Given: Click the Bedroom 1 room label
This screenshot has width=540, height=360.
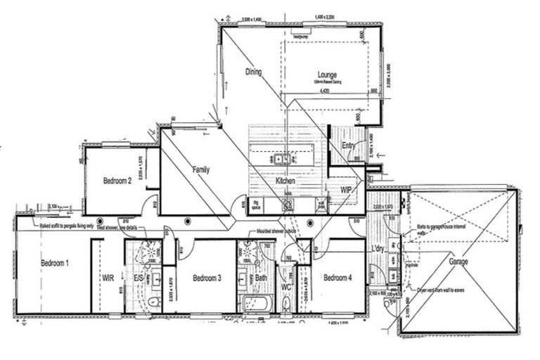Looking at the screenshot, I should click(x=55, y=263).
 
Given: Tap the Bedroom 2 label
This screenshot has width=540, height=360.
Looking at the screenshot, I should click(x=117, y=181).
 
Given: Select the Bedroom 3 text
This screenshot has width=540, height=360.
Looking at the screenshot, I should click(x=207, y=278).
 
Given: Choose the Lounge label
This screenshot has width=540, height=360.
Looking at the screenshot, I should click(x=326, y=75).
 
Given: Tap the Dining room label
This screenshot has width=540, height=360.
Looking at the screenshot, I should click(x=253, y=72).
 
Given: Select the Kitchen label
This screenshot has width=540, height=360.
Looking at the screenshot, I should click(x=285, y=181).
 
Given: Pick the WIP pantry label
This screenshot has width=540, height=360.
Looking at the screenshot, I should click(x=346, y=190).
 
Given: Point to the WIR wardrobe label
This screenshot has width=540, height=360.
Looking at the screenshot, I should click(x=108, y=278).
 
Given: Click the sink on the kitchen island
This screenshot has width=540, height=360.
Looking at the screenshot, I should click(x=279, y=159).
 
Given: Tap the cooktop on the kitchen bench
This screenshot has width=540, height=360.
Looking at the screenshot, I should click(x=288, y=205).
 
